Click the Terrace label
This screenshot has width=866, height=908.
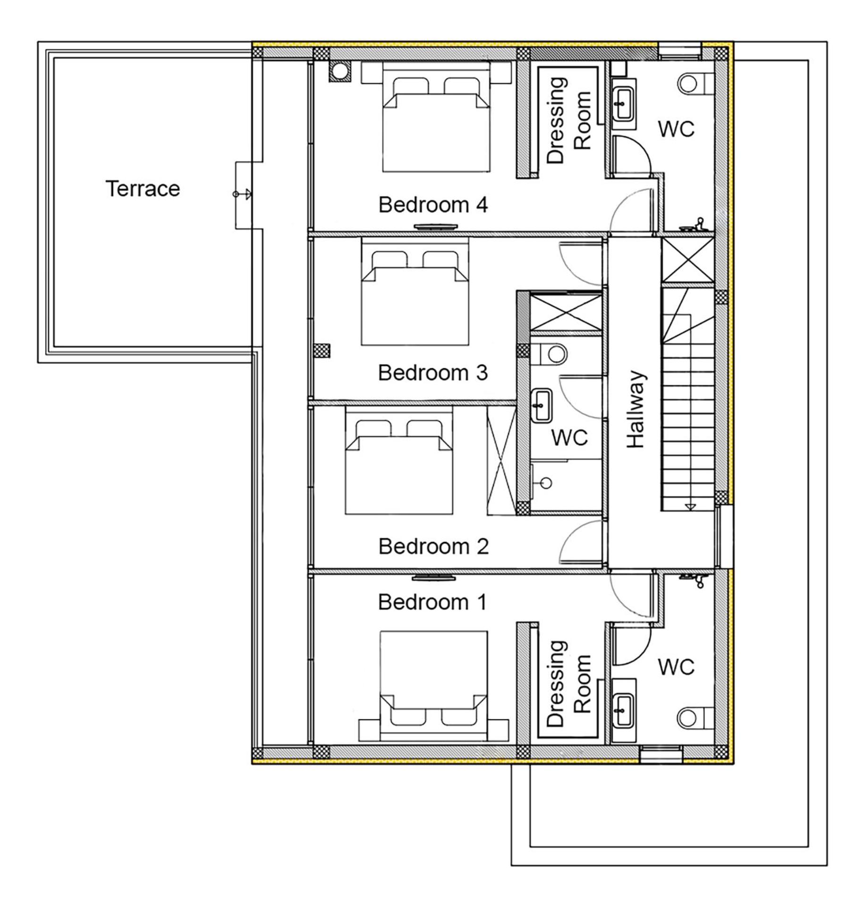click(x=143, y=189)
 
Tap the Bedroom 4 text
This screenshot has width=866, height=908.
click(x=433, y=205)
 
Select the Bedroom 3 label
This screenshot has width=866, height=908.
click(x=433, y=373)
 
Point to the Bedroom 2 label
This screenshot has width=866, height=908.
click(x=433, y=546)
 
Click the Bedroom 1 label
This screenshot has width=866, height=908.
click(x=432, y=602)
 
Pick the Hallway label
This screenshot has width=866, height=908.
click(x=635, y=409)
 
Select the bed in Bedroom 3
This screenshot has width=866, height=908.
click(x=415, y=292)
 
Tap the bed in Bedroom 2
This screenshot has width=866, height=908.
click(x=399, y=460)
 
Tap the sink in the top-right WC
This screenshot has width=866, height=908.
click(x=624, y=104)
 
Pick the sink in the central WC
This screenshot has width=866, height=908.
click(x=541, y=406)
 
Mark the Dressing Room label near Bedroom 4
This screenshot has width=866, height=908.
click(x=569, y=121)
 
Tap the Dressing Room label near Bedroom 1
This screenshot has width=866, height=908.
click(x=569, y=683)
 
